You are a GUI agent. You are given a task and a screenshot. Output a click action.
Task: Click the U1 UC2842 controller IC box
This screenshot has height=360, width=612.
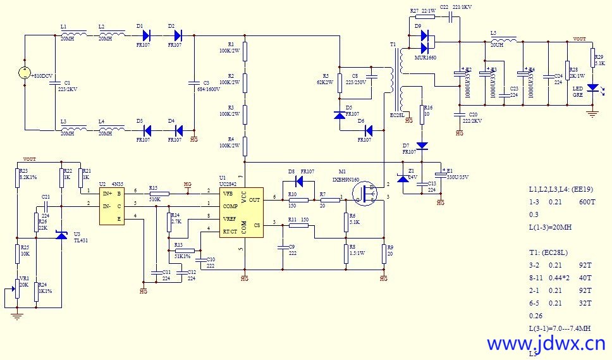pos(241,212)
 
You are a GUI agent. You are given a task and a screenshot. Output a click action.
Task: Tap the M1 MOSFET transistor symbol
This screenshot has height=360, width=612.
pos(364,198)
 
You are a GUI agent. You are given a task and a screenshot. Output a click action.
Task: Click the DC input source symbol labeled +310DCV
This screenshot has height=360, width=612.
pos(23,73)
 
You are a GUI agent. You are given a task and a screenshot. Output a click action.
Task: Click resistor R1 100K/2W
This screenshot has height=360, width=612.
pos(245,51)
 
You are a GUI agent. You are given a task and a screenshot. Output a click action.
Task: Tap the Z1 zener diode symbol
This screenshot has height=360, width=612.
pos(403,179)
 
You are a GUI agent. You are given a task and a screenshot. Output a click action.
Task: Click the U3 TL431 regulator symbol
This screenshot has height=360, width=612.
pos(61,234)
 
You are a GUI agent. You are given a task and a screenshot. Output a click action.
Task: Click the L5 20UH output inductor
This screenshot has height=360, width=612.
pos(504,40)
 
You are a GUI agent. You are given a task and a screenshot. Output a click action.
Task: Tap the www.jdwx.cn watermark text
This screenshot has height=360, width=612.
pos(546,344)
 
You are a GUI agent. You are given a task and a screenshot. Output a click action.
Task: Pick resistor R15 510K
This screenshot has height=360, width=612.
pos(159,194)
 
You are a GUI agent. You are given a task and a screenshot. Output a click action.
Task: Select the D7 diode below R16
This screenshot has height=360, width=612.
pos(422,146)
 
